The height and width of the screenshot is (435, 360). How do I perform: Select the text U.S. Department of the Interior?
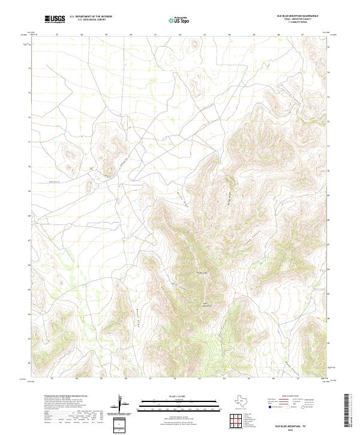(91, 17)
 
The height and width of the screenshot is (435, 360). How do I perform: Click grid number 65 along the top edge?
(254, 34)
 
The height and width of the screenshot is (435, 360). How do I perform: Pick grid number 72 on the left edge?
(29, 117)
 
